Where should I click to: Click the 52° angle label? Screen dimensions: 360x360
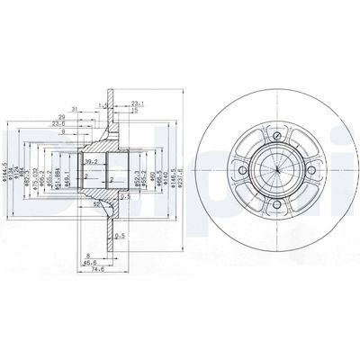click(94, 204)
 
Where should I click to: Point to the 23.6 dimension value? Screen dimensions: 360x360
click(84, 124)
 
